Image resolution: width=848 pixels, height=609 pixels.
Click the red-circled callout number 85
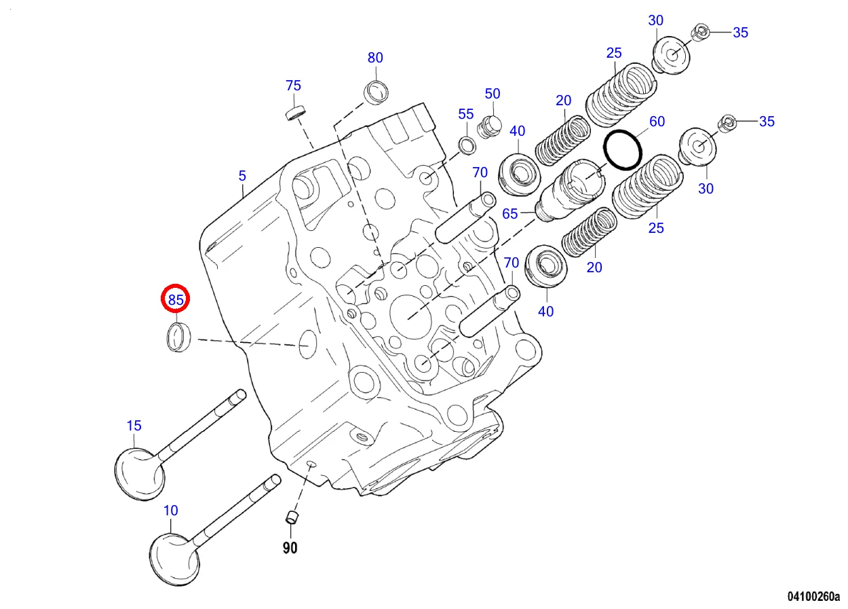(176, 299)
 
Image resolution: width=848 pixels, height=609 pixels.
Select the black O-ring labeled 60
(623, 150)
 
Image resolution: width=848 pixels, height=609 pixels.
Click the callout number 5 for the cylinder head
(242, 177)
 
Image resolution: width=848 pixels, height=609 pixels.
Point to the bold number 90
(290, 547)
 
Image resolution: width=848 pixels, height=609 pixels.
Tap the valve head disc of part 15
(139, 473)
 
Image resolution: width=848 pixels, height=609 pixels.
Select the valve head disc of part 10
(174, 557)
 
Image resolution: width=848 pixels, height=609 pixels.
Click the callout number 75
(293, 86)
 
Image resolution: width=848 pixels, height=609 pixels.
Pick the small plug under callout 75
(294, 111)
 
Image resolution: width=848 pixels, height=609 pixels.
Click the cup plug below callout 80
(377, 91)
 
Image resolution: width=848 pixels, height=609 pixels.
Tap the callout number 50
(493, 94)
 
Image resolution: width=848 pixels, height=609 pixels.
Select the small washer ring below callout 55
(467, 143)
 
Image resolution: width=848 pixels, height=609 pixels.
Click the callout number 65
(510, 214)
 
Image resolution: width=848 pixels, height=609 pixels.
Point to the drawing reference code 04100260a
(813, 597)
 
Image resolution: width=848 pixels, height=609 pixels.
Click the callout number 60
(657, 122)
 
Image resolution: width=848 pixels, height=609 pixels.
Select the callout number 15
(134, 426)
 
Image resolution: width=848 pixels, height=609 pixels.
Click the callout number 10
(171, 510)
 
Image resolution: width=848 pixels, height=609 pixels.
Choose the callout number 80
(375, 58)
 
